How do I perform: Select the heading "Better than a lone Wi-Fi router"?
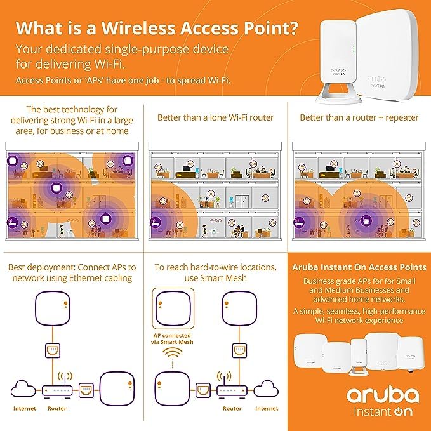click(x=215, y=118)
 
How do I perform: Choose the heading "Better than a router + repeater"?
click(x=359, y=118)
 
